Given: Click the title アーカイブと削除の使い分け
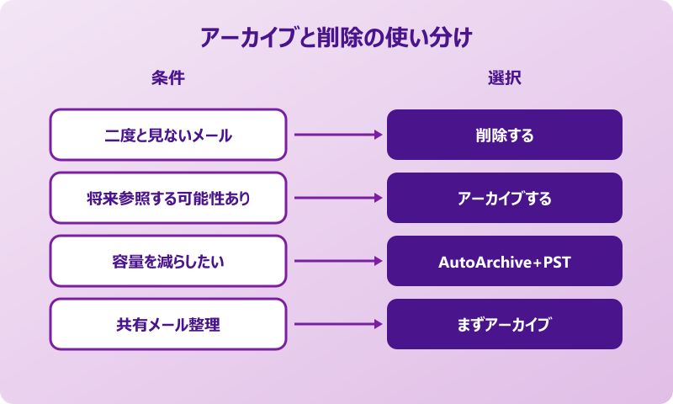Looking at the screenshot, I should pos(336,38).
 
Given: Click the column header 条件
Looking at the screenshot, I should pos(167,78).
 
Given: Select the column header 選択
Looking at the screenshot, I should pos(504,78).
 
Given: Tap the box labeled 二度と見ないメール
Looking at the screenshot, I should pos(168,135).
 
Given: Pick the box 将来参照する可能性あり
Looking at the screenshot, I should pos(168,198).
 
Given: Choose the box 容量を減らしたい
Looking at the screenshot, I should pos(168,261).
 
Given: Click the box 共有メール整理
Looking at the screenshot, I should pos(168,324).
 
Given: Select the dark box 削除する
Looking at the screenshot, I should pos(505,135).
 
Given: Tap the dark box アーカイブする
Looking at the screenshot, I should pos(505,198).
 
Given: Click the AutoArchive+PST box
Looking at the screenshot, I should pos(505,261).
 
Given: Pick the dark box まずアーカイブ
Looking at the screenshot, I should pos(505,324).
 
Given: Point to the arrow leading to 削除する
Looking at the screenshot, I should pos(336,135).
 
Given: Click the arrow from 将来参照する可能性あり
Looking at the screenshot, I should pos(336,198).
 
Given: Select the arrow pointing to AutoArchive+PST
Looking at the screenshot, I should pos(336,261).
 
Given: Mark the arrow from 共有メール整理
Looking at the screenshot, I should pos(336,324).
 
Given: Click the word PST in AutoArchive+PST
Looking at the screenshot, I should pos(557,262).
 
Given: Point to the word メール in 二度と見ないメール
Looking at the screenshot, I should pos(210,136).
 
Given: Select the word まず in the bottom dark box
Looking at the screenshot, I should pos(469,325).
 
